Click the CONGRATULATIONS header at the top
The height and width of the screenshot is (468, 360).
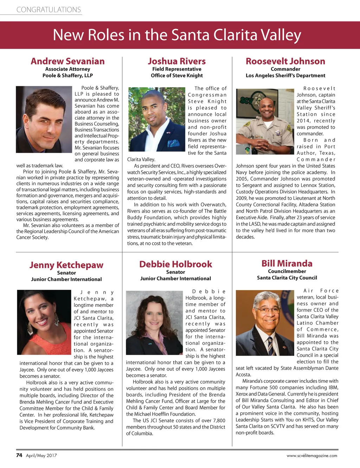tap(49, 10)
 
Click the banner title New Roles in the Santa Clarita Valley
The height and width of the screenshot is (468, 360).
tap(177, 35)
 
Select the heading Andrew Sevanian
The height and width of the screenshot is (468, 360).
tap(67, 61)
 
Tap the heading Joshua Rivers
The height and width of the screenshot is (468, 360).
tap(177, 61)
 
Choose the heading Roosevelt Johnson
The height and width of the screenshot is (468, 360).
tap(285, 61)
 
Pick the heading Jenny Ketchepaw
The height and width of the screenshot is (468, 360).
tap(66, 265)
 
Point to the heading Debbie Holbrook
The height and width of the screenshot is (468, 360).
tap(175, 264)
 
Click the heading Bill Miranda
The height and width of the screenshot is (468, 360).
tap(287, 264)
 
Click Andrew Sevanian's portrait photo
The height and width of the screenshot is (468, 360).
tap(44, 119)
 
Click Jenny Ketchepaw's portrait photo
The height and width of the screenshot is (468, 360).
tap(44, 322)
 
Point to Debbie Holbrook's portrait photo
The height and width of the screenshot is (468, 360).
tap(154, 323)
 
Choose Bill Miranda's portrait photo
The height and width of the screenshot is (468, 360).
tap(265, 323)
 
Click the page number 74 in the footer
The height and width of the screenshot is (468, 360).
tap(19, 455)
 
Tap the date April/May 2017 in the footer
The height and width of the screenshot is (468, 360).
tap(41, 456)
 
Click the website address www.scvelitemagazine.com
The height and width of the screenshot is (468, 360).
tap(312, 456)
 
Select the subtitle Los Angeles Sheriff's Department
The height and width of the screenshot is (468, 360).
tap(285, 76)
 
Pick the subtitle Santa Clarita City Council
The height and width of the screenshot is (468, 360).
tap(287, 278)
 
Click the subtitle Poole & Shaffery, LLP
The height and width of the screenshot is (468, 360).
tap(67, 76)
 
